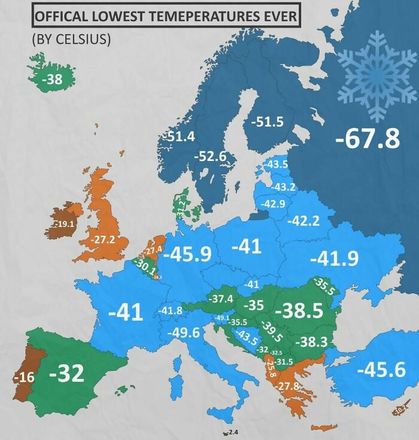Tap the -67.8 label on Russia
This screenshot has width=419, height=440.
pyautogui.click(x=367, y=138)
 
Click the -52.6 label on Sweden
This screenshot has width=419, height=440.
pyautogui.click(x=211, y=156)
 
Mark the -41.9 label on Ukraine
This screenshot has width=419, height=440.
pyautogui.click(x=334, y=259)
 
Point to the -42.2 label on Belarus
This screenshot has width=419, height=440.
pyautogui.click(x=303, y=221)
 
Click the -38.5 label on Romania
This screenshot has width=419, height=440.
pyautogui.click(x=298, y=311)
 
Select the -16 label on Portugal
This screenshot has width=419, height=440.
pyautogui.click(x=24, y=377)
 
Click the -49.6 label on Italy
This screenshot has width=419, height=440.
pyautogui.click(x=183, y=333)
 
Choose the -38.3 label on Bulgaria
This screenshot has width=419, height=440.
pyautogui.click(x=312, y=342)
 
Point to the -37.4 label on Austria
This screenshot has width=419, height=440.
pyautogui.click(x=220, y=298)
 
